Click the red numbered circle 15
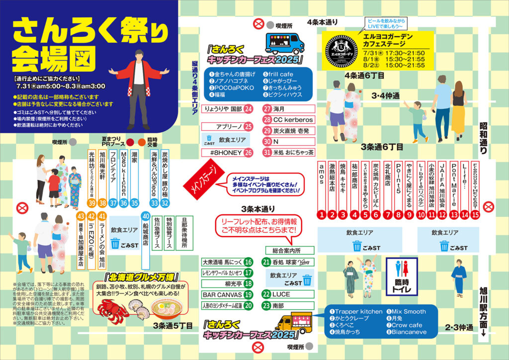[x=476, y=215]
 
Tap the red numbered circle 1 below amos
[x=322, y=215]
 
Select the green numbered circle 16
[x=249, y=262]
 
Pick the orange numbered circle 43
[x=81, y=217]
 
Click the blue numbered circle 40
[x=146, y=216]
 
